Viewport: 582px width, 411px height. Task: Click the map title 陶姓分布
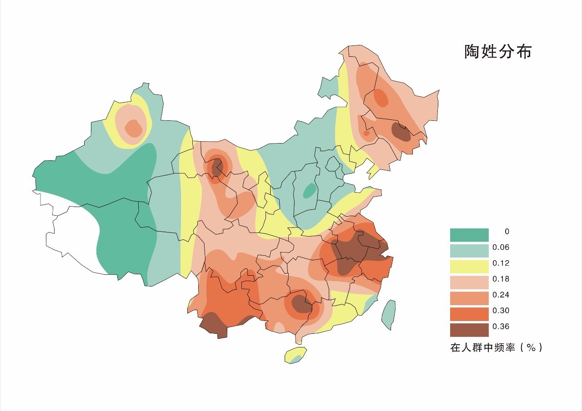click(x=498, y=52)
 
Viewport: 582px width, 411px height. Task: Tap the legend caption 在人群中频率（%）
click(x=496, y=348)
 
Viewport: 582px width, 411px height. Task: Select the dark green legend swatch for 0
click(x=469, y=235)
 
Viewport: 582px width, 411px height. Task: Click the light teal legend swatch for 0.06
click(x=469, y=251)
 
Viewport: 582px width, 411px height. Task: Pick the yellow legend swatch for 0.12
click(x=469, y=267)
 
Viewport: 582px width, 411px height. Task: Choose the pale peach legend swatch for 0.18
click(x=469, y=282)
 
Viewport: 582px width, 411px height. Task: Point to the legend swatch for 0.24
click(x=469, y=298)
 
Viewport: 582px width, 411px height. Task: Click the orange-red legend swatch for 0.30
click(x=469, y=314)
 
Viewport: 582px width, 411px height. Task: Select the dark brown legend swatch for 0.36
click(x=469, y=330)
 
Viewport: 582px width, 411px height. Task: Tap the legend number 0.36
click(x=501, y=327)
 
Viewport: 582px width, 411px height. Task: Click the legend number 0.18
click(x=501, y=279)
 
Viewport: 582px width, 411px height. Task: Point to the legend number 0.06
click(x=501, y=247)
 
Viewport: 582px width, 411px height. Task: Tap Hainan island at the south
click(x=295, y=355)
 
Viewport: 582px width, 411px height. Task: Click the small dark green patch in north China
click(x=309, y=190)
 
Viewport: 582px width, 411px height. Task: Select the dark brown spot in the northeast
click(x=401, y=132)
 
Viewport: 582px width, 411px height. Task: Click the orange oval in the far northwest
click(x=133, y=128)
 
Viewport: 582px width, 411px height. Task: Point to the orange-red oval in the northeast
click(x=381, y=97)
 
